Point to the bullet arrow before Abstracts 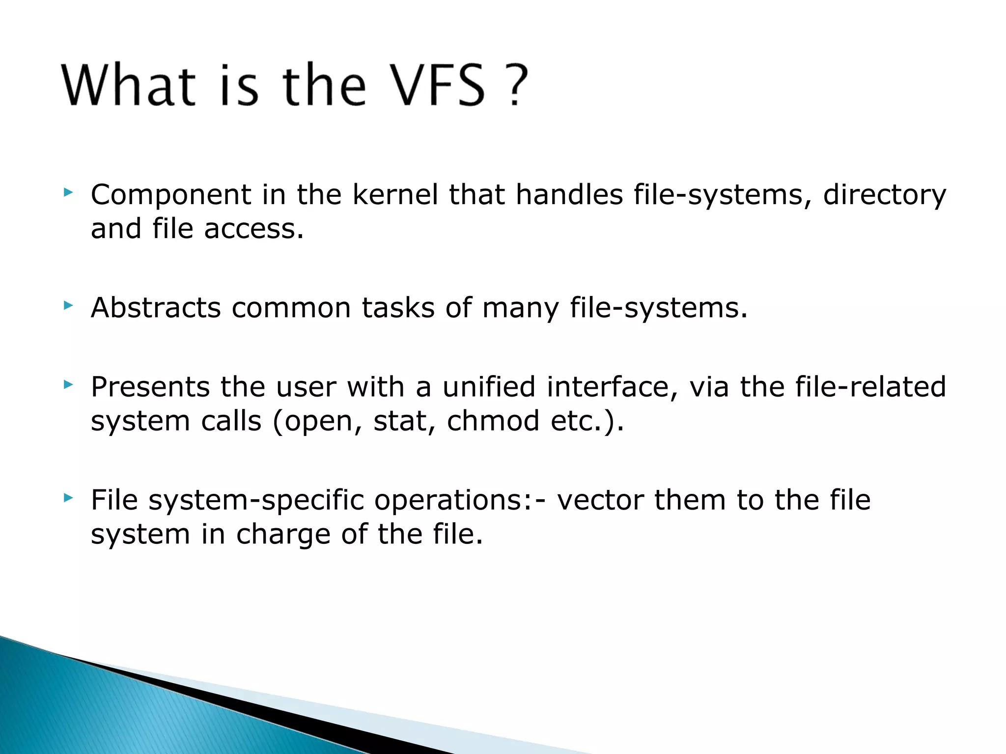click(x=68, y=306)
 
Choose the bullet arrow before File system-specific click(x=68, y=498)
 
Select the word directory click(x=884, y=195)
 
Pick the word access click(x=253, y=229)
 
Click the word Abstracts click(x=156, y=308)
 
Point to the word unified click(x=488, y=387)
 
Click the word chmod click(x=493, y=421)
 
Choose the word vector click(x=600, y=500)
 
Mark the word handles click(x=569, y=194)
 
